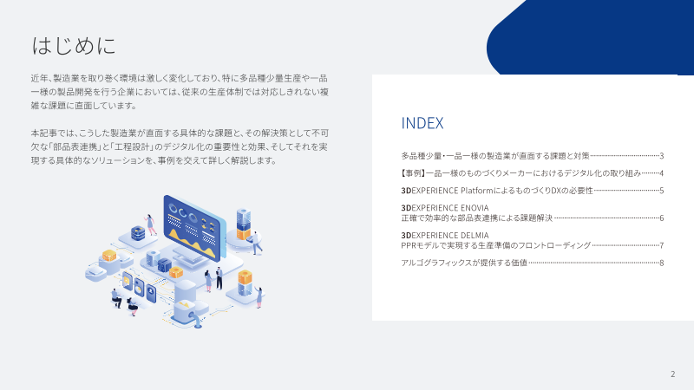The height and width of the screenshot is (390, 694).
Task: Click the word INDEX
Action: point(422,123)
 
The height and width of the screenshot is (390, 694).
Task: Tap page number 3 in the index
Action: point(662,156)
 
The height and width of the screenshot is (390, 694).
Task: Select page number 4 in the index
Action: point(662,173)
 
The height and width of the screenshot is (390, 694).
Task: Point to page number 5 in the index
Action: point(662,191)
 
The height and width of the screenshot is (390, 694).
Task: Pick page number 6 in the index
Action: point(662,218)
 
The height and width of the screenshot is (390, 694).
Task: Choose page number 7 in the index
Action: point(662,245)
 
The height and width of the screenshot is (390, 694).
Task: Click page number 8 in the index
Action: point(662,263)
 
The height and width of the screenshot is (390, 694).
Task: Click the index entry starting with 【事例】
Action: point(520,173)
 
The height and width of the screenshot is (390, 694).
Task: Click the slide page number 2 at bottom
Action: point(672,374)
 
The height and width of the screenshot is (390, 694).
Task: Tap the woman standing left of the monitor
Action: point(152,224)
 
